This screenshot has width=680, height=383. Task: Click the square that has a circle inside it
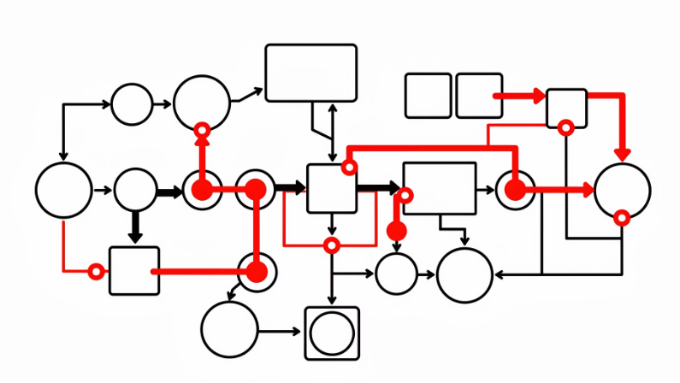[332, 333]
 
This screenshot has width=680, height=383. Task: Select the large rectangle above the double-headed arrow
[310, 73]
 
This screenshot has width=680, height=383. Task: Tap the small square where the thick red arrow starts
[478, 96]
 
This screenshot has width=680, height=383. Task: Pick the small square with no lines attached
[428, 96]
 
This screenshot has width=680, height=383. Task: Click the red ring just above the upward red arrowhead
[202, 131]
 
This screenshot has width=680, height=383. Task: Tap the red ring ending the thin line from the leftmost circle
[97, 272]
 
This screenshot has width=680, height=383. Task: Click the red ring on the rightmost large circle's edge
[622, 218]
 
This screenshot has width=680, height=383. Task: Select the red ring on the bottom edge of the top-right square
[565, 128]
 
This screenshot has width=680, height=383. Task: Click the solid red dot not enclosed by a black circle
[396, 231]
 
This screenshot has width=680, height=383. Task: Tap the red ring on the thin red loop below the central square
[331, 245]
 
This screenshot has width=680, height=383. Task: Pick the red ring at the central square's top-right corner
[349, 167]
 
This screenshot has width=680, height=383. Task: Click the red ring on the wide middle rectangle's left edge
[405, 196]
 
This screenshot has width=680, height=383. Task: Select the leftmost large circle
[64, 190]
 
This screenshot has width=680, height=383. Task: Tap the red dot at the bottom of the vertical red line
[255, 272]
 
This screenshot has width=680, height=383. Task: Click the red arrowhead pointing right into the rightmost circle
[588, 190]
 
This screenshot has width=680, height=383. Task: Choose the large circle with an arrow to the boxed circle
[229, 330]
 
